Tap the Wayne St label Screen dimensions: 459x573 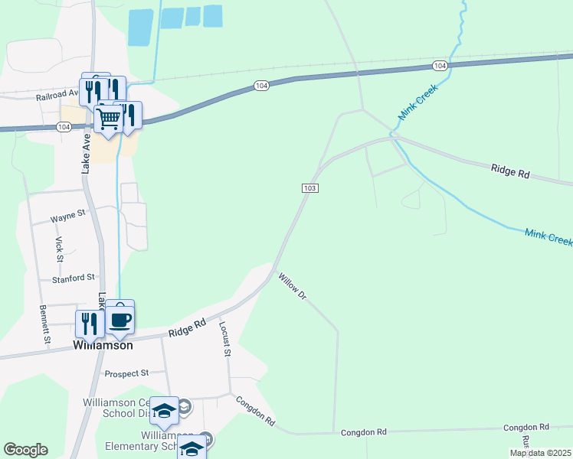(x=67, y=218)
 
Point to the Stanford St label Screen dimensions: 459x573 (x=73, y=278)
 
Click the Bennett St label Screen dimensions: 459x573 (x=44, y=324)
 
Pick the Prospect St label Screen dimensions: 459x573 (x=126, y=373)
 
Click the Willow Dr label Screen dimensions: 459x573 (x=292, y=286)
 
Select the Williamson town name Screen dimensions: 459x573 (x=103, y=345)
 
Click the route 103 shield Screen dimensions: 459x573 (x=309, y=188)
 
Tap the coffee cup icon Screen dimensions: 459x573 (x=120, y=319)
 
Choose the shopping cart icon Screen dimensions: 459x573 (x=109, y=119)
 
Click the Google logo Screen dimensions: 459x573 (x=25, y=450)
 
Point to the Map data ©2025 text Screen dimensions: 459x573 (x=541, y=453)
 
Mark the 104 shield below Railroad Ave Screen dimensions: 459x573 (x=63, y=127)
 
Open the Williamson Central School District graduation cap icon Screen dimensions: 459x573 (x=165, y=411)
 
